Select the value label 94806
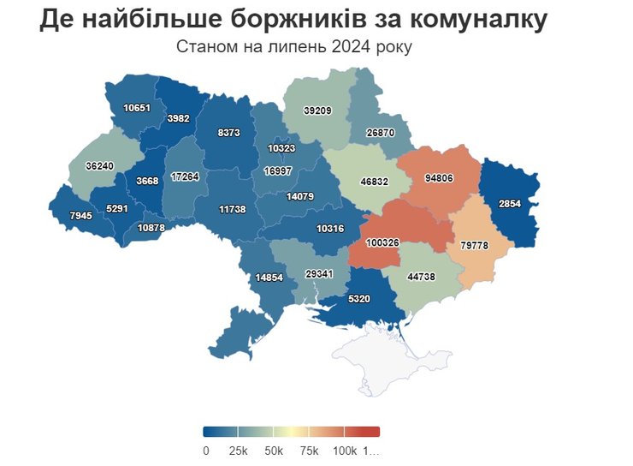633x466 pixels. (x=440, y=179)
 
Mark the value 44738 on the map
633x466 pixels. (x=422, y=277)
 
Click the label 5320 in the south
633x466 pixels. (x=360, y=300)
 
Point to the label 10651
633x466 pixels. (x=137, y=108)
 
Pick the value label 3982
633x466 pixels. (x=179, y=118)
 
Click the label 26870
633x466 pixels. (x=381, y=133)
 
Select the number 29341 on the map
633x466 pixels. (x=320, y=273)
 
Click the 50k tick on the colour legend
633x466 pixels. (x=274, y=451)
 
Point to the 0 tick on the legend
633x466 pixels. (x=206, y=451)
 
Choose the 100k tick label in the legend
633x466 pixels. (x=344, y=451)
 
